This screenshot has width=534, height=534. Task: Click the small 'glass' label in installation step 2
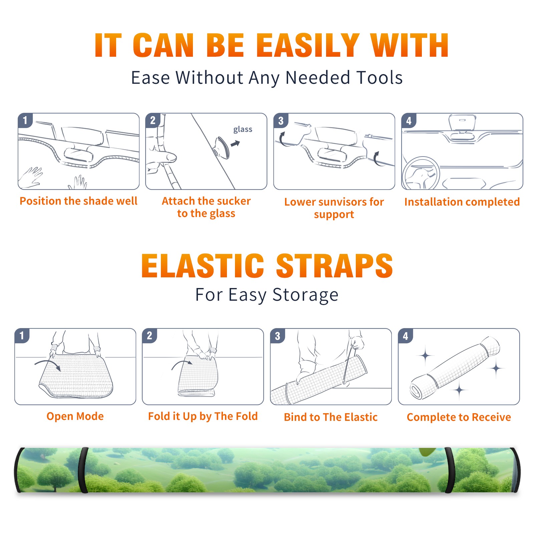point(243,129)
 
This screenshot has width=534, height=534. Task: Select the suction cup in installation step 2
point(222,148)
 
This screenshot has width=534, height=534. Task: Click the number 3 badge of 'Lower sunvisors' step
point(281,120)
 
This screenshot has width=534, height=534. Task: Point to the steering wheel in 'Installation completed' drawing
point(421,173)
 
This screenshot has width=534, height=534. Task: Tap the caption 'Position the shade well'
point(78,201)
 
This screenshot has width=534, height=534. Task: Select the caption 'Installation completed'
point(462,202)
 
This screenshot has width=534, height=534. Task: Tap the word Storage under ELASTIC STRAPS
point(305,295)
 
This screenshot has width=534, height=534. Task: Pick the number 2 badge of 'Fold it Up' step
point(149,335)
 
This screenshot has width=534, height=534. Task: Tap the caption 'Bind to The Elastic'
point(330,417)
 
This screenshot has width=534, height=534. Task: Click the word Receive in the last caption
point(491,417)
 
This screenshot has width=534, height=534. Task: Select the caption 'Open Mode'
point(75,416)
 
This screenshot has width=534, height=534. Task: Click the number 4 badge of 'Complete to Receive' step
point(406,335)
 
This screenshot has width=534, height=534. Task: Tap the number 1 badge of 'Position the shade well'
point(25,120)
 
